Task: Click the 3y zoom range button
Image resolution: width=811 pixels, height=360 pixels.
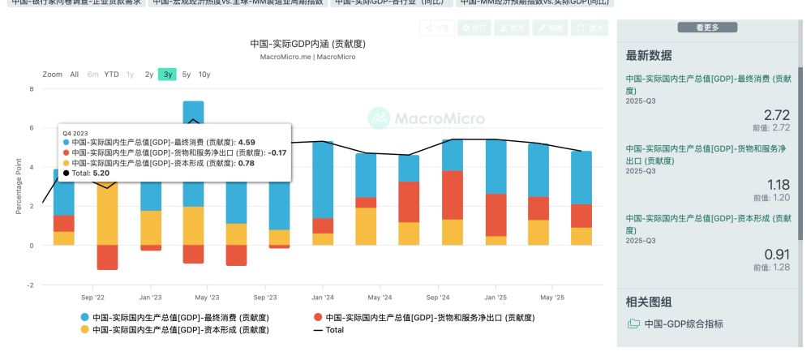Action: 168,75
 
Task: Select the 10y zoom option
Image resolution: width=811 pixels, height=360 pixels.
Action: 204,75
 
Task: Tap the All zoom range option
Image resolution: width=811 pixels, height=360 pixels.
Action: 75,75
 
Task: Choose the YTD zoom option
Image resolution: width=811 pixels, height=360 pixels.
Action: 112,75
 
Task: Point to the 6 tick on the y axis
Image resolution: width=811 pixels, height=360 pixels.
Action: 32,128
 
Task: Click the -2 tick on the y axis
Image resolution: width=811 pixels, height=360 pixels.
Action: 31,285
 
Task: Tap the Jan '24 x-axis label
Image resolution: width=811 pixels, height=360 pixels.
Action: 323,298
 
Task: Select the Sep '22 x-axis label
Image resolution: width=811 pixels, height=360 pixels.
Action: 93,298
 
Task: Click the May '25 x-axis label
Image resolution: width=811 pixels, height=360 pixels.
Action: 551,298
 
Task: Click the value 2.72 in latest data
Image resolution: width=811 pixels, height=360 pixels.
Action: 777,116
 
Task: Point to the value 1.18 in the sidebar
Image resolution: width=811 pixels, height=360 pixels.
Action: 777,184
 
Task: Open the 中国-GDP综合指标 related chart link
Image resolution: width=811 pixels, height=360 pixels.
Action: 683,324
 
